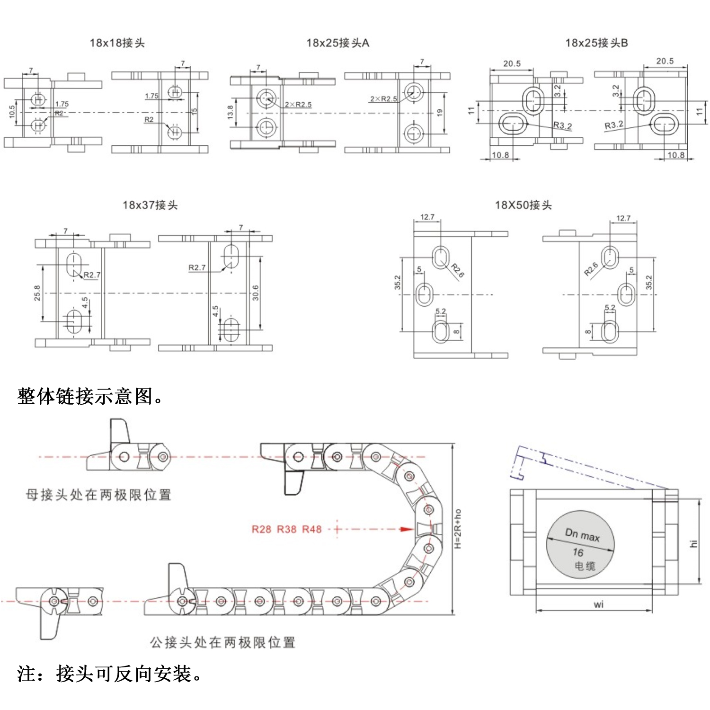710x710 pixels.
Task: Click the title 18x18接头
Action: (x=117, y=43)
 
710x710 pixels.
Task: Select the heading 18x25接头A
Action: (x=337, y=43)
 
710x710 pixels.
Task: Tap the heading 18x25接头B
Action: (x=596, y=43)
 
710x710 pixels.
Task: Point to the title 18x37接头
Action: (x=150, y=205)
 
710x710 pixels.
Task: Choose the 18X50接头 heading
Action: (x=523, y=205)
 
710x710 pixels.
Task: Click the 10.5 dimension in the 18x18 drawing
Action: (x=12, y=112)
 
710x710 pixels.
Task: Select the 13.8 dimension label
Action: (x=230, y=112)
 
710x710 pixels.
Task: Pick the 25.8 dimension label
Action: (x=37, y=293)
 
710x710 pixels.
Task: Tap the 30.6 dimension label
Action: (x=256, y=293)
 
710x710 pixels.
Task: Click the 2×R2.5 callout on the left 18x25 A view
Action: (x=298, y=105)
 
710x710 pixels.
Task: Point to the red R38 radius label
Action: (x=286, y=529)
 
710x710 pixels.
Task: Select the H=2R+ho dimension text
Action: (x=458, y=529)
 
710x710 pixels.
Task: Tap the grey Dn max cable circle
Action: (x=580, y=544)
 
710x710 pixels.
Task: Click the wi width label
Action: (x=599, y=604)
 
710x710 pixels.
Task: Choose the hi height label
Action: (x=693, y=543)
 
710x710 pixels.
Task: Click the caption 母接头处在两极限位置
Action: (x=98, y=495)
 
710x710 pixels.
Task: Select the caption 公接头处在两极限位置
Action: (x=222, y=642)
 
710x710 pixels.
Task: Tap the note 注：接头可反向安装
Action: (x=109, y=674)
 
